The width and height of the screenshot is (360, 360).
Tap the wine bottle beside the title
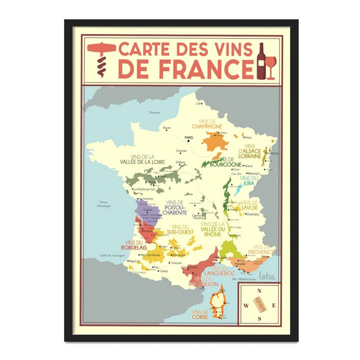coord(261,61)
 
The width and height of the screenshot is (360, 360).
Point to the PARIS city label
coord(188,137)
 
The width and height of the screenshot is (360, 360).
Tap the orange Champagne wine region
coord(214,141)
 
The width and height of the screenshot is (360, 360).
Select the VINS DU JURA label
coord(248,180)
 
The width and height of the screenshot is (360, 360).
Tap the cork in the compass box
coord(259,304)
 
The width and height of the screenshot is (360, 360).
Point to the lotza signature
coord(267,276)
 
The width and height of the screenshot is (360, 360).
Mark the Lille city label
coord(199,103)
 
